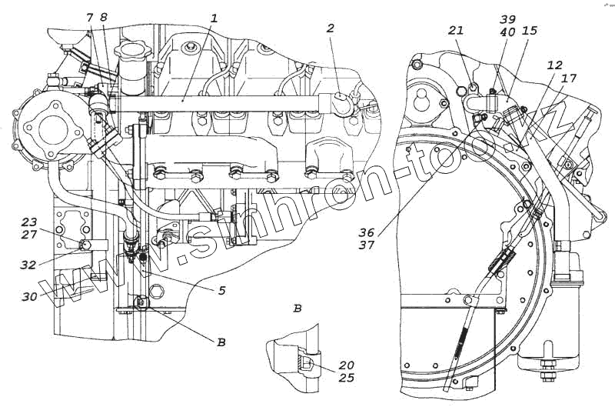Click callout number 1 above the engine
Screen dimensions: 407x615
[214, 18]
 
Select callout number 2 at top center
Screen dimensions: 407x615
[330, 28]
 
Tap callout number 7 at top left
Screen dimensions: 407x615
[89, 17]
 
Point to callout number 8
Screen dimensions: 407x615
[104, 17]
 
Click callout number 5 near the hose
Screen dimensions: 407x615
[221, 291]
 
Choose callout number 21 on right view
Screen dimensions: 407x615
[456, 30]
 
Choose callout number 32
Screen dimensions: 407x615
[28, 264]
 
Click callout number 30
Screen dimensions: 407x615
[28, 295]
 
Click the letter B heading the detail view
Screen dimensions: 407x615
[297, 309]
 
